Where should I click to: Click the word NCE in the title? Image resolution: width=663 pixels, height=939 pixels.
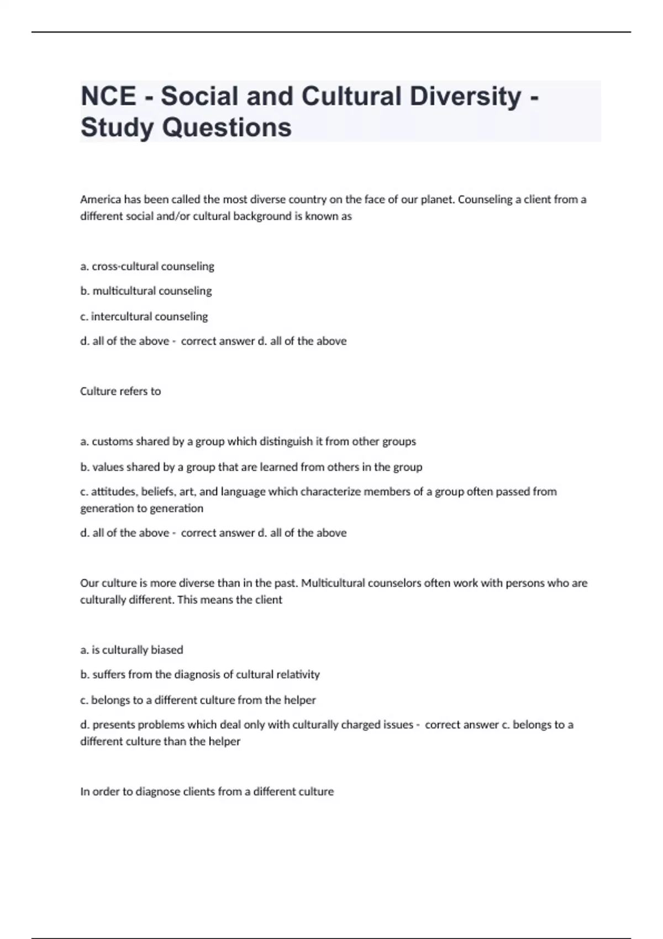click(x=108, y=96)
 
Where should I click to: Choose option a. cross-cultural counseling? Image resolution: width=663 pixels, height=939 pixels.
click(x=147, y=266)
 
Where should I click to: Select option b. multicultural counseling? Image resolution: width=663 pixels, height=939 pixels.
click(x=146, y=291)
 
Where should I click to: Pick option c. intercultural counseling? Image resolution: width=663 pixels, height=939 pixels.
click(x=144, y=316)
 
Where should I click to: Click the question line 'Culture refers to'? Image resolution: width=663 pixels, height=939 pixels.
click(x=120, y=391)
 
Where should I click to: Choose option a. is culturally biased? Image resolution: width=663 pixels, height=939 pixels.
click(x=131, y=650)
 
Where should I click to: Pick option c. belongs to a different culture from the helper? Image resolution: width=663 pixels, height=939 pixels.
click(x=198, y=700)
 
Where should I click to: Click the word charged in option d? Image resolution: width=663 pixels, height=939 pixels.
click(x=361, y=725)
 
